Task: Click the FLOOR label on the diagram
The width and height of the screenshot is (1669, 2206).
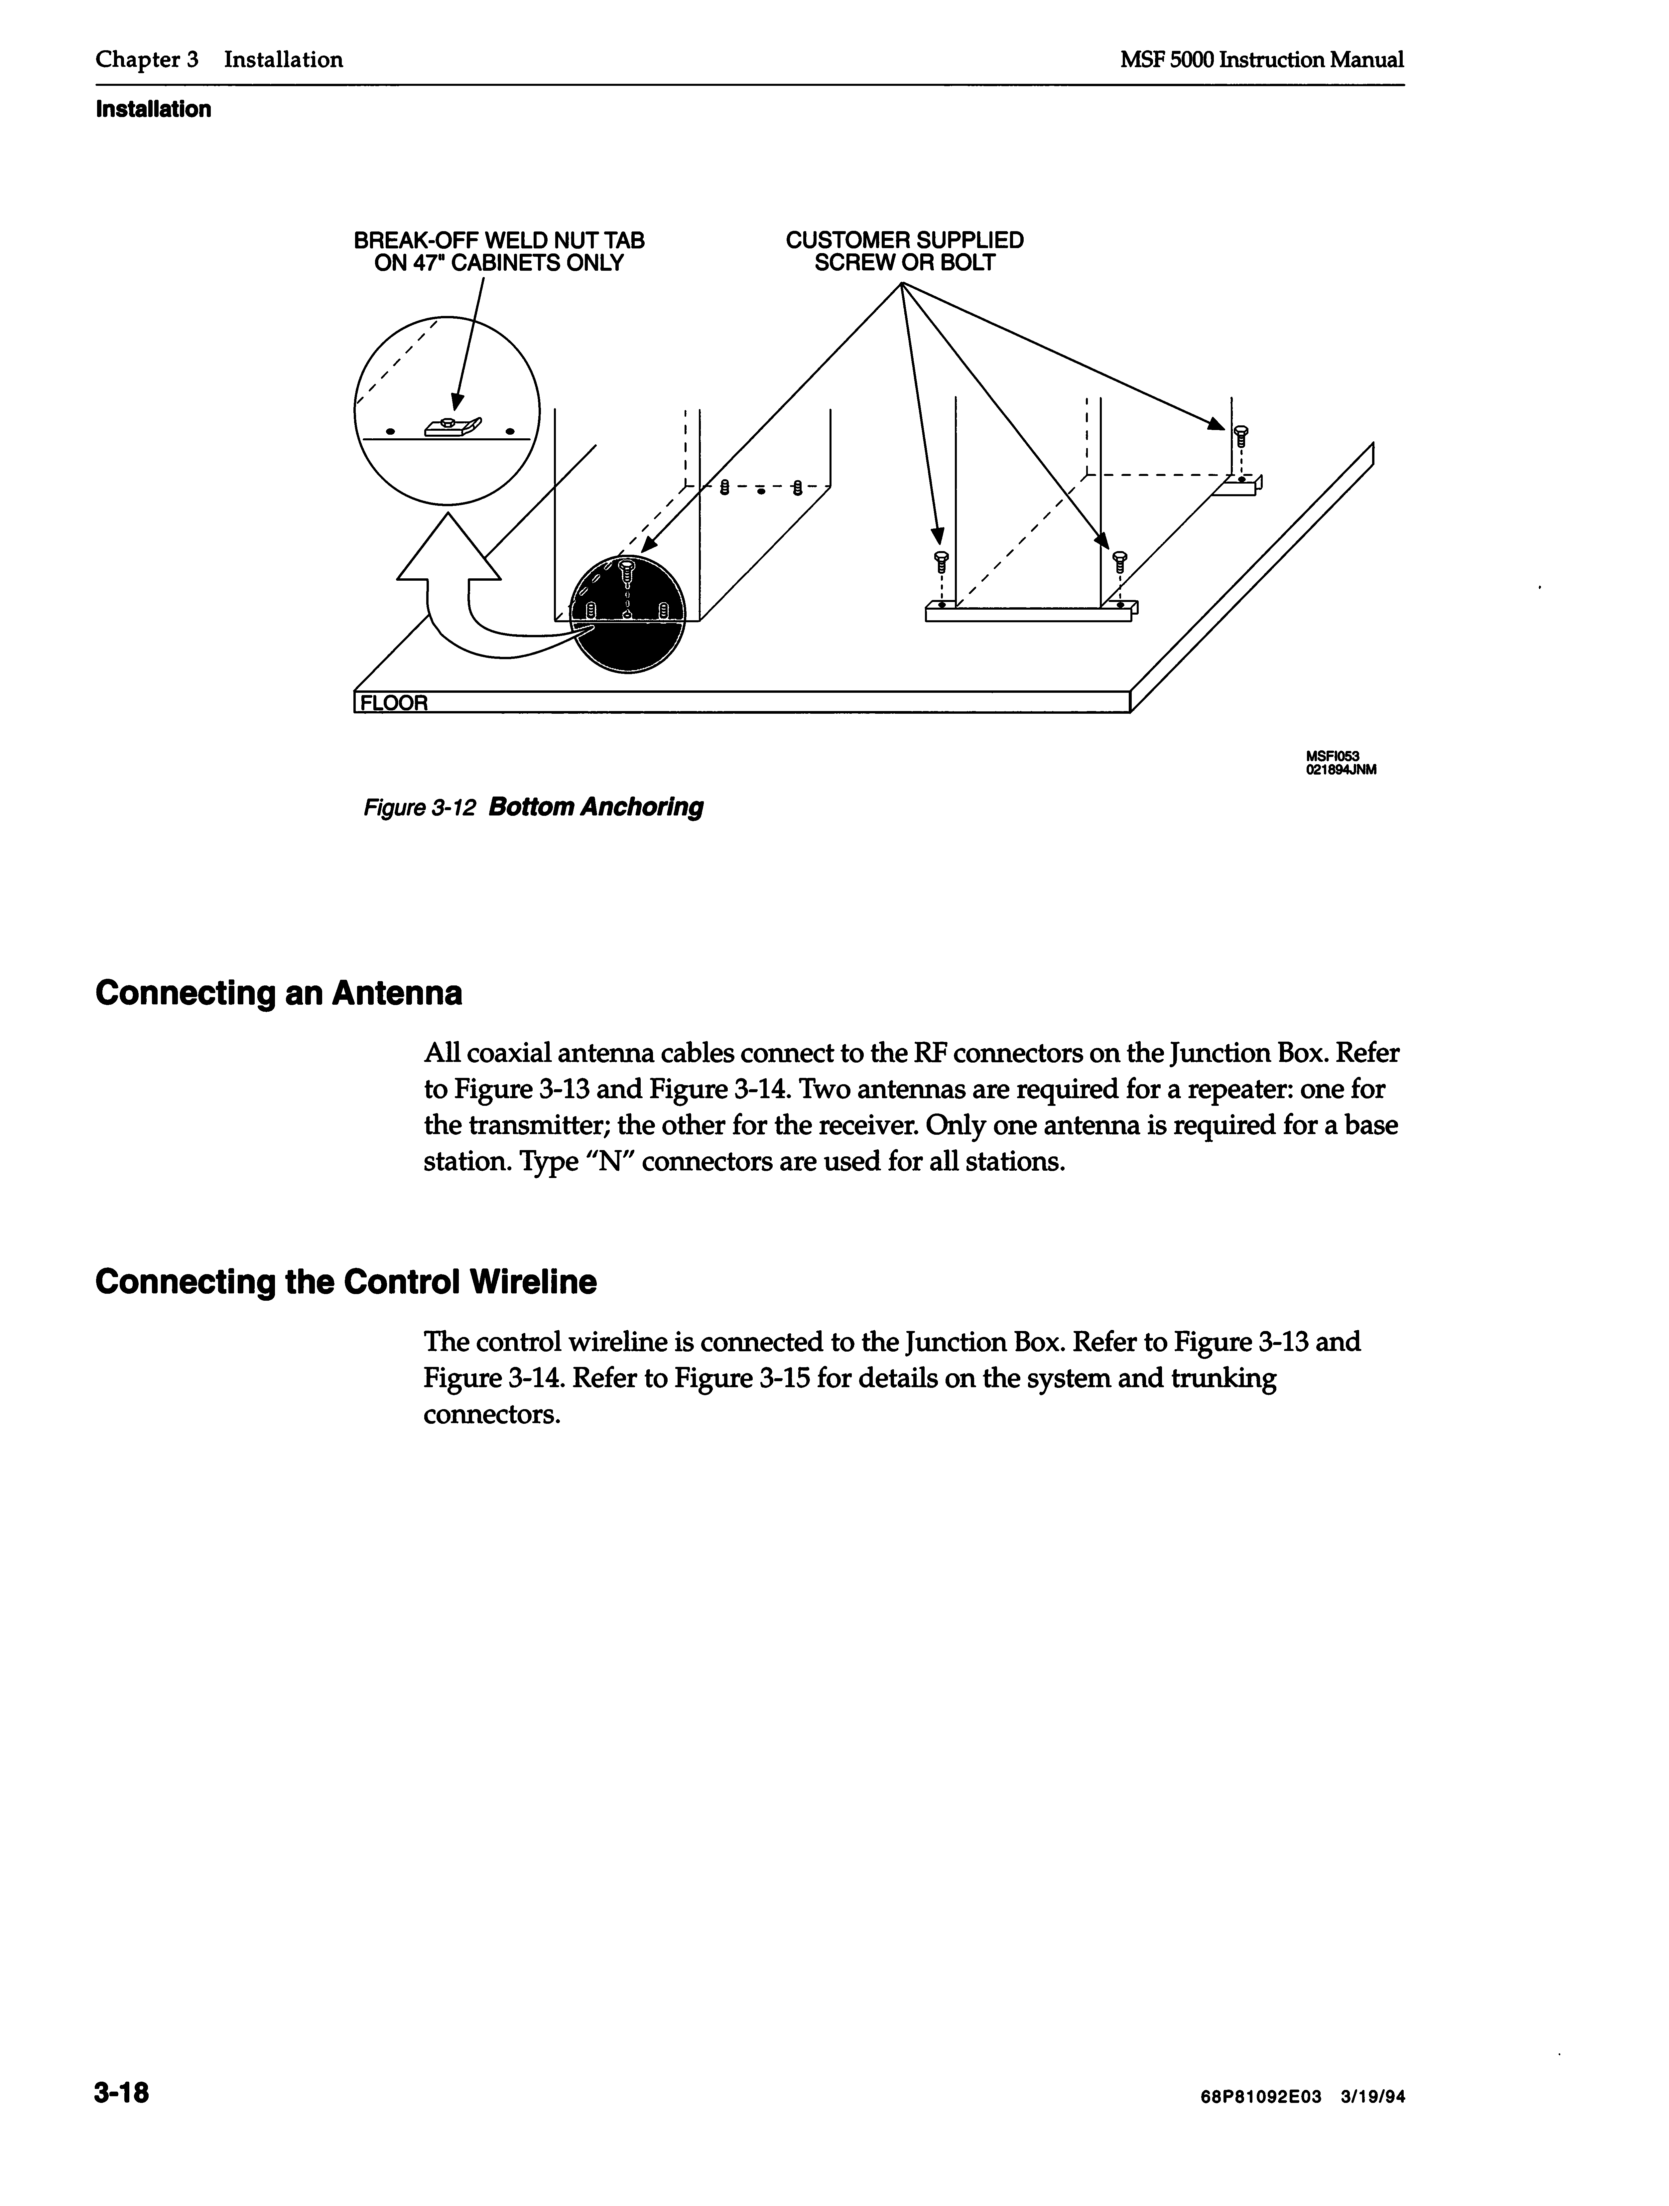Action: (394, 703)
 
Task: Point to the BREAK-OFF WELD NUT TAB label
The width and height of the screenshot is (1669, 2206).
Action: (498, 251)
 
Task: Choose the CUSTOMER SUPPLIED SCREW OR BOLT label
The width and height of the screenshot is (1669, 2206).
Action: (904, 251)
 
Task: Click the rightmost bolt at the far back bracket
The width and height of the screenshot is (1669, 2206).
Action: (1240, 436)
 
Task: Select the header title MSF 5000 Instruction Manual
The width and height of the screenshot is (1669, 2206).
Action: (1261, 60)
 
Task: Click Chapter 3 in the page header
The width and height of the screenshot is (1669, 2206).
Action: (147, 60)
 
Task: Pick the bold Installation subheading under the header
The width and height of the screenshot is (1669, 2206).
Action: (154, 110)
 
